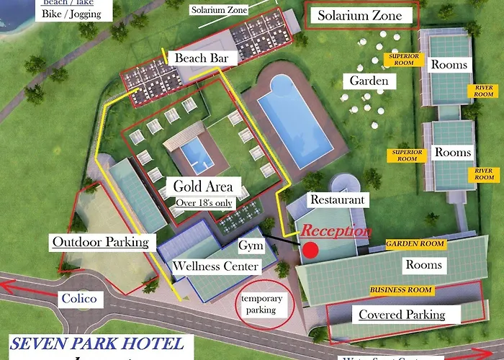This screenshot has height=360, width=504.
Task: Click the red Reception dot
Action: point(310,250)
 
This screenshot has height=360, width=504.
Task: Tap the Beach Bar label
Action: point(197,58)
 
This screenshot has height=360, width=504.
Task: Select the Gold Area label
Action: point(203,186)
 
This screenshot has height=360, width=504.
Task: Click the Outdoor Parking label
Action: point(99,242)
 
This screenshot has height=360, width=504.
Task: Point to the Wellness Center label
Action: point(215,266)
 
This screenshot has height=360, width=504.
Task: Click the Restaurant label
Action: point(336,199)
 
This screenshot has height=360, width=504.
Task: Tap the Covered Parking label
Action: point(401,315)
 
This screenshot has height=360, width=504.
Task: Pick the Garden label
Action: point(369,81)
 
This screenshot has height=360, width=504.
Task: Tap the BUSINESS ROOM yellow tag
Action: point(401,290)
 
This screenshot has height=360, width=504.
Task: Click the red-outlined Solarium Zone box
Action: point(360,16)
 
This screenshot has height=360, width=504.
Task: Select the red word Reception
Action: point(336,232)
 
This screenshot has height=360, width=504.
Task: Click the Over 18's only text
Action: point(204,203)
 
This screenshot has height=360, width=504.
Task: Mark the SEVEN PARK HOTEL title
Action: point(96,344)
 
